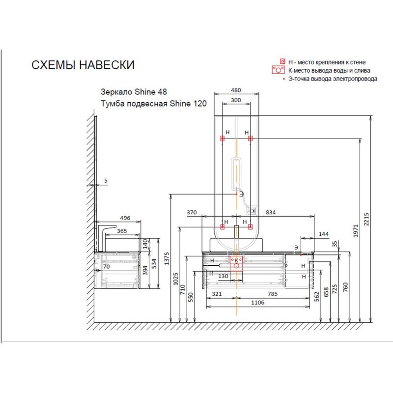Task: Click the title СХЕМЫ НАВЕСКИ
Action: click(83, 65)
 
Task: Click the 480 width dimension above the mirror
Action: click(236, 90)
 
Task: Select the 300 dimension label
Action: click(236, 100)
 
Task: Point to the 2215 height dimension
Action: click(366, 219)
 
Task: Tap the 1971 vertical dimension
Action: click(356, 231)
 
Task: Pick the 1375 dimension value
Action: click(167, 259)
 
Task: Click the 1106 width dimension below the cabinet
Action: click(257, 303)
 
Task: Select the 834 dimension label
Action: click(271, 212)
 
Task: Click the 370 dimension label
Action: click(192, 212)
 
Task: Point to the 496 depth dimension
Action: click(125, 218)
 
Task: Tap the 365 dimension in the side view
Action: click(122, 231)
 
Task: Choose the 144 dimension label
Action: click(324, 234)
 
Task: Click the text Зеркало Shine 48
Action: click(134, 92)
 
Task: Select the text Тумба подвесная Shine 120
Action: click(154, 104)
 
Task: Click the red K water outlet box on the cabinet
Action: click(236, 262)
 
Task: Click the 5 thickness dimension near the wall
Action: click(106, 180)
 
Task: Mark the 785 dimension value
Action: click(273, 294)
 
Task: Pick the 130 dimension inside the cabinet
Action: click(223, 276)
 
